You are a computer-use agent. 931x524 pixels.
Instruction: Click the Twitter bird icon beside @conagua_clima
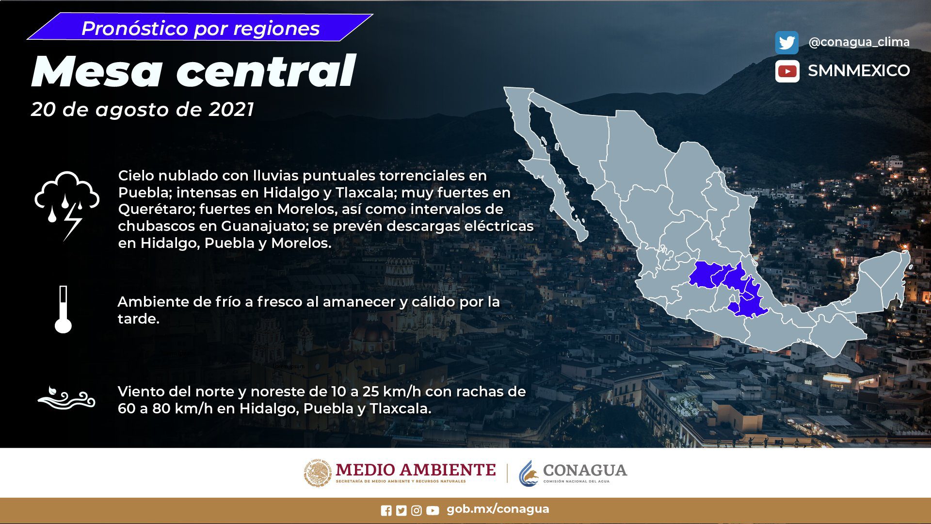pyautogui.click(x=787, y=43)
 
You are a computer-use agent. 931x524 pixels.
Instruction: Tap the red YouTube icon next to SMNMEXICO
pyautogui.click(x=787, y=71)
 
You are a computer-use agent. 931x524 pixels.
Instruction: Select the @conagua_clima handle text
pyautogui.click(x=859, y=42)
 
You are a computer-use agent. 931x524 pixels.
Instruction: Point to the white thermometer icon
pyautogui.click(x=63, y=310)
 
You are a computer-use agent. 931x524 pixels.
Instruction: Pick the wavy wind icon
pyautogui.click(x=66, y=399)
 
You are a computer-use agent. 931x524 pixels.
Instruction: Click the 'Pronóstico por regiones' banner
pyautogui.click(x=200, y=28)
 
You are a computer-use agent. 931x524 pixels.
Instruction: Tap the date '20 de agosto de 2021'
pyautogui.click(x=143, y=110)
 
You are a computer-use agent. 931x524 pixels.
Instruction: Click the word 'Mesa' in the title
pyautogui.click(x=96, y=72)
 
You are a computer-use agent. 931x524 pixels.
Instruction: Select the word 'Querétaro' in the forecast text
pyautogui.click(x=155, y=210)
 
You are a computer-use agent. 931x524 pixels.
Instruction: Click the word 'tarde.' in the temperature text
pyautogui.click(x=139, y=319)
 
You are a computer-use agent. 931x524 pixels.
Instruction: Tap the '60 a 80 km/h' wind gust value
pyautogui.click(x=165, y=409)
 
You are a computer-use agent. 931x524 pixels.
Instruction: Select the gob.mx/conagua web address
pyautogui.click(x=498, y=509)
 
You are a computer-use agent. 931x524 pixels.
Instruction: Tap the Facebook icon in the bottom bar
pyautogui.click(x=386, y=510)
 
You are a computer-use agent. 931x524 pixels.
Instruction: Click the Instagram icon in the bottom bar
pyautogui.click(x=417, y=510)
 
